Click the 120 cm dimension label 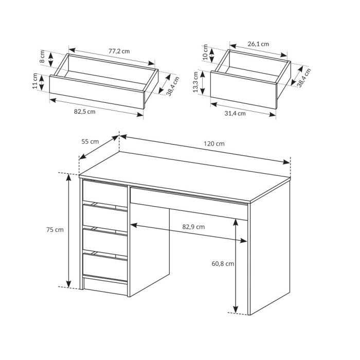pos(214,144)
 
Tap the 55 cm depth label pos(90,141)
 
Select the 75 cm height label pos(55,229)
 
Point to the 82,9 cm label pos(193,227)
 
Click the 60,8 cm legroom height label pos(223,264)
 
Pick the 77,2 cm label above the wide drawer pos(119,51)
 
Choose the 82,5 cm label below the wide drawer pos(84,112)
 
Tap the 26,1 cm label pos(258,44)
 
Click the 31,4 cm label pos(235,114)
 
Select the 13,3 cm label pos(195,82)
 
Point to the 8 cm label pos(42,57)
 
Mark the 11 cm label pos(35,81)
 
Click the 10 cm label pos(205,52)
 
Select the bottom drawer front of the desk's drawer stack pos(105,267)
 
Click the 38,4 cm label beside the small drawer pos(304,78)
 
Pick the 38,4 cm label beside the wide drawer pos(173,86)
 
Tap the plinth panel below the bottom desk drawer pos(106,287)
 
